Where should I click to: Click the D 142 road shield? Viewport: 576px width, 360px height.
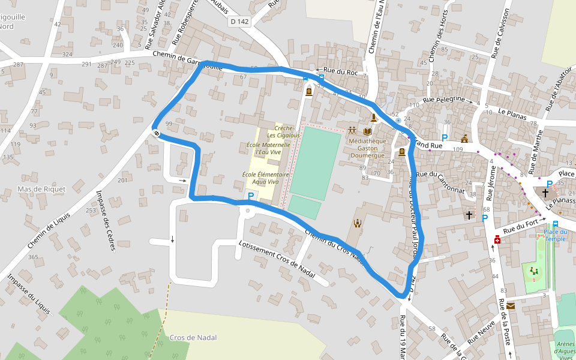pos(239,21)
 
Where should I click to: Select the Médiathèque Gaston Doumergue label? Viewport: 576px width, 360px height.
pos(367,148)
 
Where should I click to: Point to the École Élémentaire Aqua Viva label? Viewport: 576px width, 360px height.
pos(266,178)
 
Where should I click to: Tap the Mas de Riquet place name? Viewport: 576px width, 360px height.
pos(41,189)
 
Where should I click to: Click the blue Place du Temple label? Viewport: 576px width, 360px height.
pos(556,235)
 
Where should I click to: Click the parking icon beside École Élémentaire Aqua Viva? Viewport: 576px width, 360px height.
pos(251,196)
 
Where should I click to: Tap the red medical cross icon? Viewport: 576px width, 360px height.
pos(497,240)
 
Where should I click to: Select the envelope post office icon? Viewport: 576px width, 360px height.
pos(511,305)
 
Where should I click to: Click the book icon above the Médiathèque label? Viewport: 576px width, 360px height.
pos(367,131)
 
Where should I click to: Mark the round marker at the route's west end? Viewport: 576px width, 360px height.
pos(156,133)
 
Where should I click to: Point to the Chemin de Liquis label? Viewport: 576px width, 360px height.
pos(49,230)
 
